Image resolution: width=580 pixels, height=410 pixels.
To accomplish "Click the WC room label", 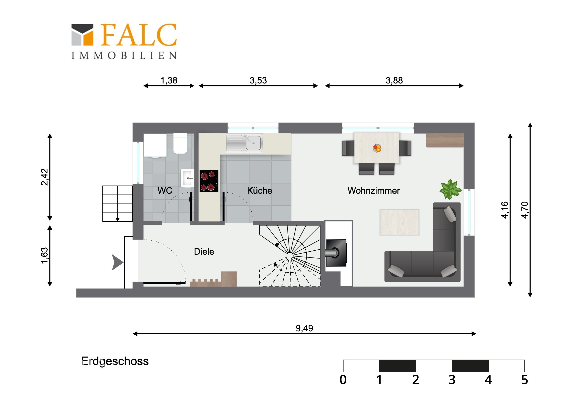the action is coord(165,190).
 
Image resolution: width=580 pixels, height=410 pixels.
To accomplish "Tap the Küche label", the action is coord(259,190).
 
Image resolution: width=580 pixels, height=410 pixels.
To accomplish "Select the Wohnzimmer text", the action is coord(374,190).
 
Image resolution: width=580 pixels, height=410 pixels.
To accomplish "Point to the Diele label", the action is coord(204,252).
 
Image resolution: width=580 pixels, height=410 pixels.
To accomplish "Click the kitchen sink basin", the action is coord(253,143).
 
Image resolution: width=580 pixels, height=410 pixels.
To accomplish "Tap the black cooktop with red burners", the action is coord(209,181).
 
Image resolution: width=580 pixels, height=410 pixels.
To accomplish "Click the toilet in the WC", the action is coord(180,143).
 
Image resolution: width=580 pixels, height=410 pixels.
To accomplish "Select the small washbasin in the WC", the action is coord(187,178).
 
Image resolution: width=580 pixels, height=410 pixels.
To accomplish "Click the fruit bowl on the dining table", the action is coord(377,148).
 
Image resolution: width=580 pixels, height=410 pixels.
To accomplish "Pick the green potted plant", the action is coord(450,189).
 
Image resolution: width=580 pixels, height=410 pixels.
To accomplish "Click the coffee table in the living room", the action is coord(399,222).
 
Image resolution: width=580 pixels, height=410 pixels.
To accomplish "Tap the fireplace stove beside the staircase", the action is coord(336,253).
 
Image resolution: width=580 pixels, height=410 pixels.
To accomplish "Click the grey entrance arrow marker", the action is coord(118,262).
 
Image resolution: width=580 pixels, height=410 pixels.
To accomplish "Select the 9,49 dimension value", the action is coord(304,328).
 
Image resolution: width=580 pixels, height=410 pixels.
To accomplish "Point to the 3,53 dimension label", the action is coord(258,80).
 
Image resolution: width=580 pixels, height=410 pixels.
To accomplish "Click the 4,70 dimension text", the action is coord(525,210).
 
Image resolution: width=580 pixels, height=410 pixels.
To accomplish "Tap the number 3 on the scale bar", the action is coord(452,380).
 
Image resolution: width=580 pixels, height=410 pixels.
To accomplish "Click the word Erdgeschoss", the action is coord(115,362).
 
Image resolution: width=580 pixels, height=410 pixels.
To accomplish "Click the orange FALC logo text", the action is coord(139,35).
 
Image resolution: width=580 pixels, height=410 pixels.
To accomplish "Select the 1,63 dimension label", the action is coord(44,256).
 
